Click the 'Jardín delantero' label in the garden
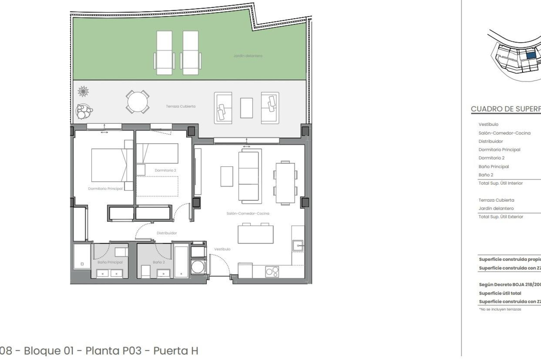[248, 56]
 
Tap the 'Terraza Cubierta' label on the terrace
[181, 106]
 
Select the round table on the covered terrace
[138, 102]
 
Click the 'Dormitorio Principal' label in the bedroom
[105, 189]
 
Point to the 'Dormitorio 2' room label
[165, 170]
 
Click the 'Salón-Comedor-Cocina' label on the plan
[248, 213]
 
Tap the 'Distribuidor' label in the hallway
[167, 233]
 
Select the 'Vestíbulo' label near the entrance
[222, 249]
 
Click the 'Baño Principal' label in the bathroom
[110, 262]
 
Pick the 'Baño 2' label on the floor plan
[159, 262]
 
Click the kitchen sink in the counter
[298, 246]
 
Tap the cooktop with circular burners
[272, 272]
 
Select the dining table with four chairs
[285, 183]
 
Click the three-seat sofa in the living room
[249, 176]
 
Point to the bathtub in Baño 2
[181, 261]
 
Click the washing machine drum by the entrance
[198, 267]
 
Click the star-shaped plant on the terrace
[83, 91]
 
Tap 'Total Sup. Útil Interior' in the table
[500, 183]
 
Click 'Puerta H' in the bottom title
[176, 351]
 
